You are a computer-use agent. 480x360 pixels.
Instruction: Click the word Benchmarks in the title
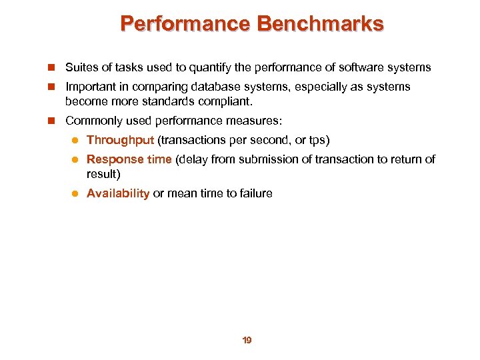tap(320, 24)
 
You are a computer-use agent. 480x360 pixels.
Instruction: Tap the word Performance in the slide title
tap(185, 24)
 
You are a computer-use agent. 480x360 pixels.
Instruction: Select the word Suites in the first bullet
tap(80, 67)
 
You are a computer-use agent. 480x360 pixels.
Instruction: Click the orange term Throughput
tap(120, 140)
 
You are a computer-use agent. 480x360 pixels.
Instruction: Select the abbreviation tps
tap(316, 140)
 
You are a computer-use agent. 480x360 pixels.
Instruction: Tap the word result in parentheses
tap(101, 174)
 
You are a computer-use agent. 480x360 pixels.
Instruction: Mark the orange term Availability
tap(118, 193)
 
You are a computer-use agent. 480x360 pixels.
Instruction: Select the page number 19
tap(247, 341)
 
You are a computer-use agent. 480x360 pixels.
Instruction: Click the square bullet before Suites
tap(51, 68)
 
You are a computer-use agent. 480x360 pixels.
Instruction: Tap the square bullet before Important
tap(51, 87)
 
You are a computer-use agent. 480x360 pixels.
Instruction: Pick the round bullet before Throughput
tap(76, 141)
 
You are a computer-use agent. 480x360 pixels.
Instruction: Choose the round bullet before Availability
tap(76, 194)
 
